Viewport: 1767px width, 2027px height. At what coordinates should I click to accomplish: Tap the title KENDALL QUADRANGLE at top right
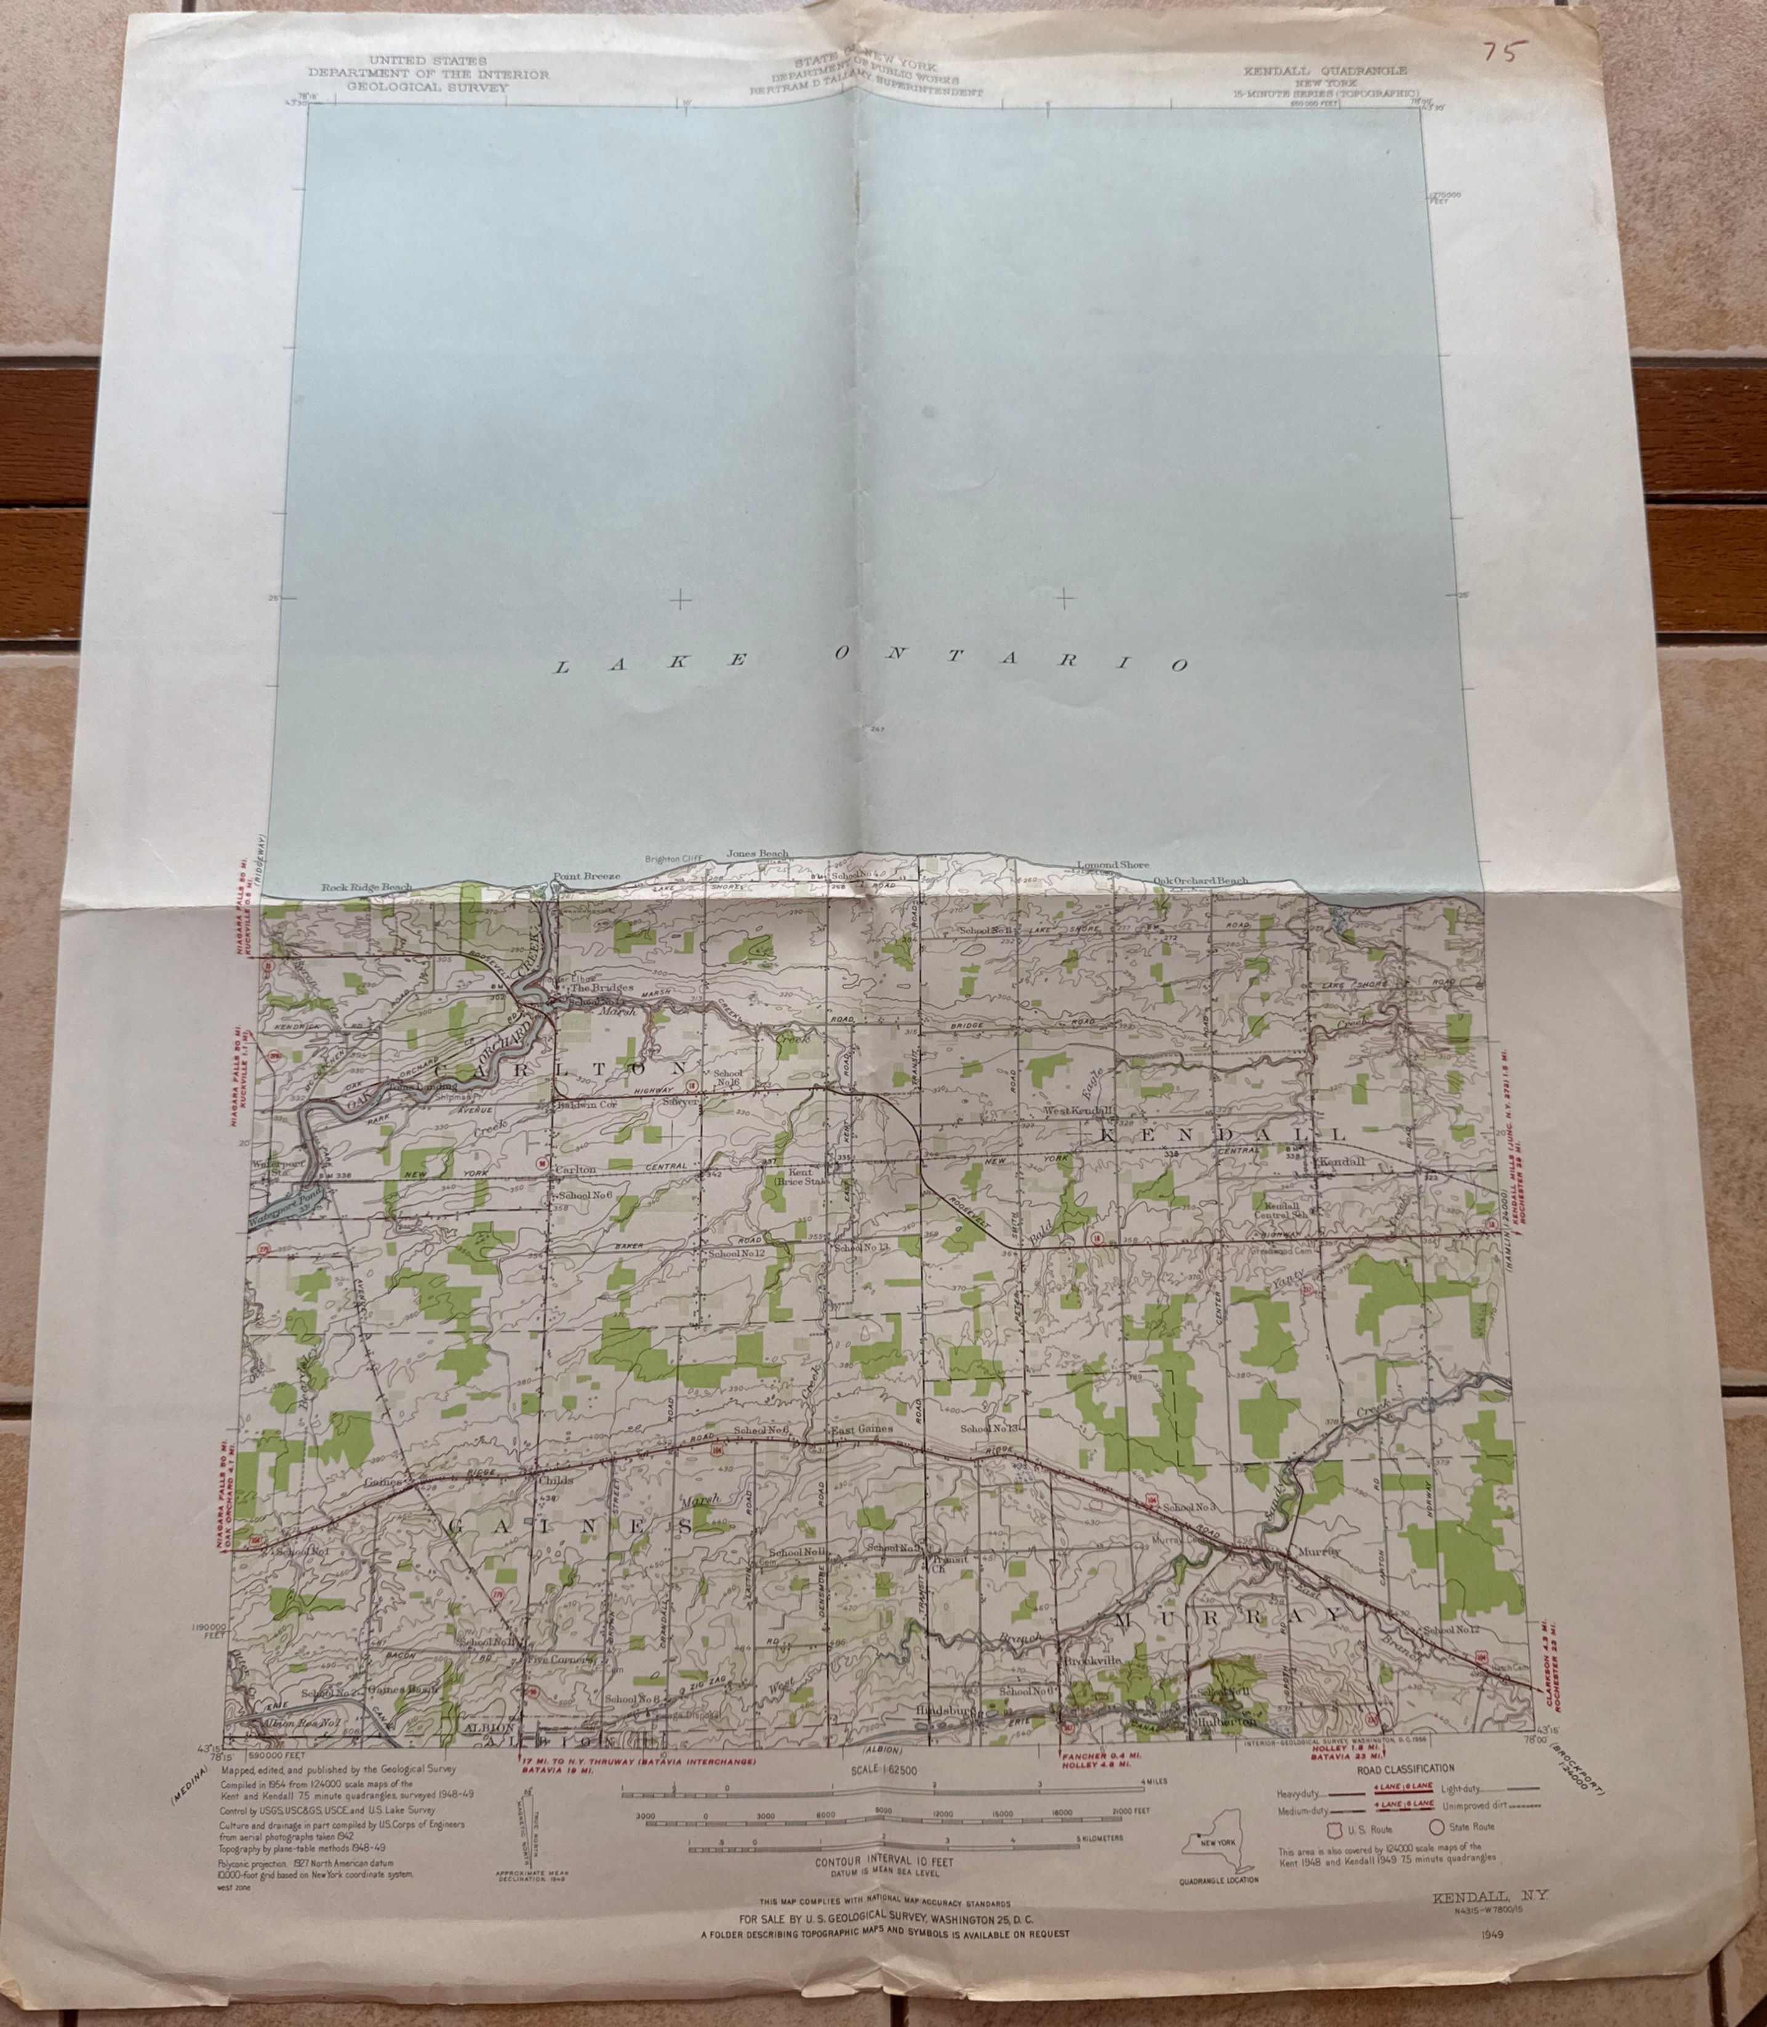[x=1324, y=71]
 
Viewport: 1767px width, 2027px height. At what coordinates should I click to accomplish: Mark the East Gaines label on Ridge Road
[x=861, y=1429]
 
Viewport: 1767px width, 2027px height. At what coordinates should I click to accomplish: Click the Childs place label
[x=555, y=1481]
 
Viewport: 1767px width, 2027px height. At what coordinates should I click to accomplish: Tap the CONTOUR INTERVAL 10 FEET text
[x=884, y=1861]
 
